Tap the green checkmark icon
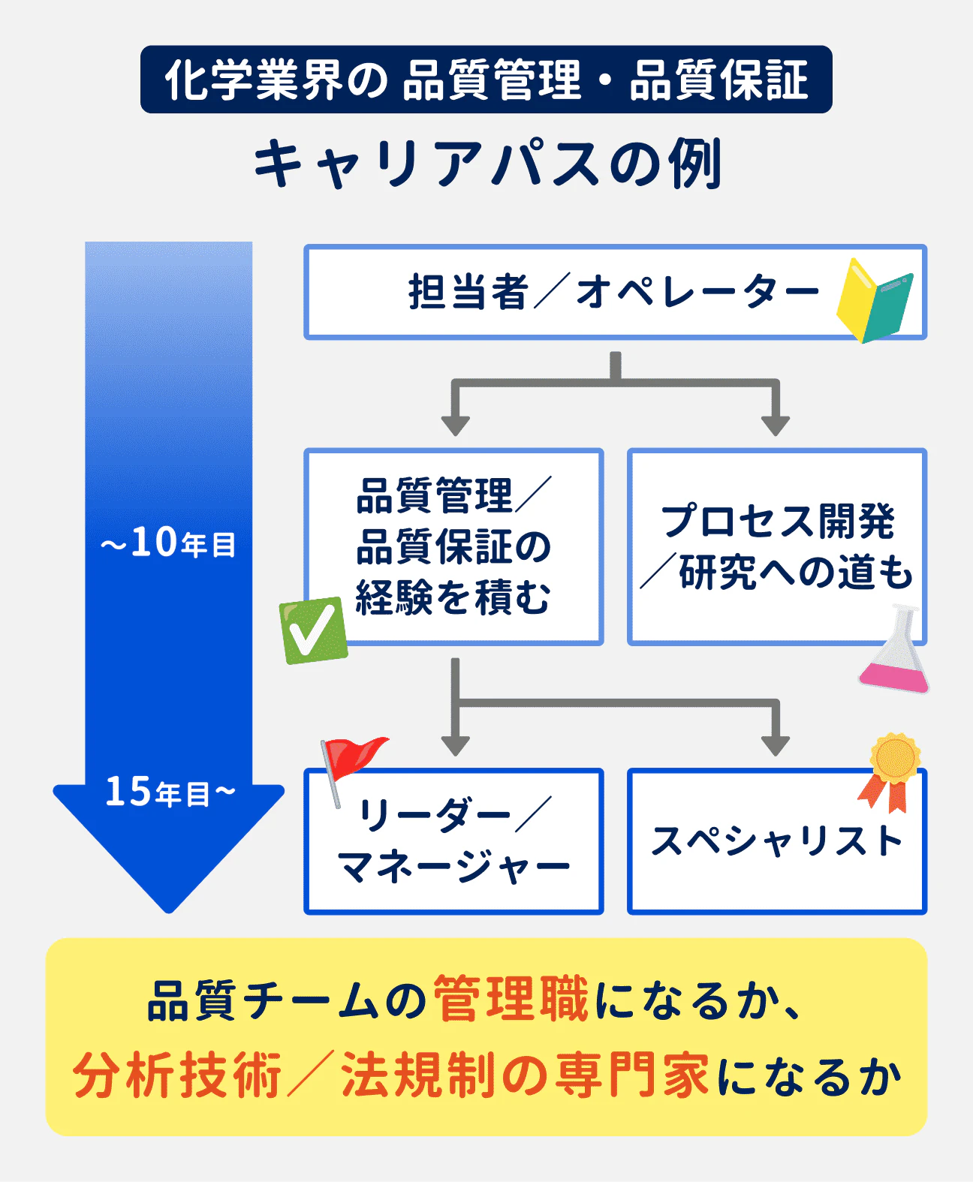313,630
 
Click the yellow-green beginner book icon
875,300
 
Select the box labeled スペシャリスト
776,841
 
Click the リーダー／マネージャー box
453,841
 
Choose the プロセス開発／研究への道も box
776,546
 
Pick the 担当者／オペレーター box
614,292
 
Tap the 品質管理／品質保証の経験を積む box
453,546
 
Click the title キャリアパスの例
486,164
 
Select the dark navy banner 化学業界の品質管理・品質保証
486,80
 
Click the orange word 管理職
511,1000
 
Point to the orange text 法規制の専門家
525,1076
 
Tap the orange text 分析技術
177,1076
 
